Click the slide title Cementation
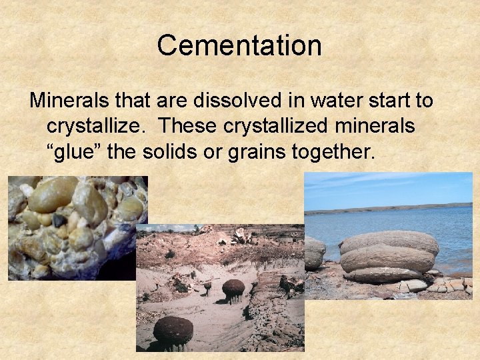click(239, 45)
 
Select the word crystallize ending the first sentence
click(99, 126)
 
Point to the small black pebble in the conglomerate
click(59, 221)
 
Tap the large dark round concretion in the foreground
click(173, 331)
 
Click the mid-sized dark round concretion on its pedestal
click(233, 289)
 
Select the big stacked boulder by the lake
click(389, 255)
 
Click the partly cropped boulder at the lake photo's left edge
click(314, 252)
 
